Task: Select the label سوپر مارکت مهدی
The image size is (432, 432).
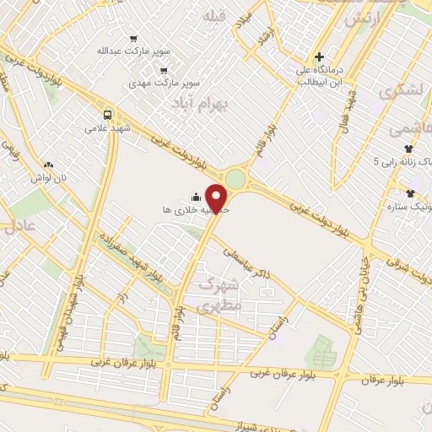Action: (164, 84)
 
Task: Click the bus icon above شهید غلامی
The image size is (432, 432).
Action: (108, 115)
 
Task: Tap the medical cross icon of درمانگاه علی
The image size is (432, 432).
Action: (319, 57)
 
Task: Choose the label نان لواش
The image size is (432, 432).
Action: (49, 179)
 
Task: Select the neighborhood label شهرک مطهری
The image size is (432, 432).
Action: (219, 294)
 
